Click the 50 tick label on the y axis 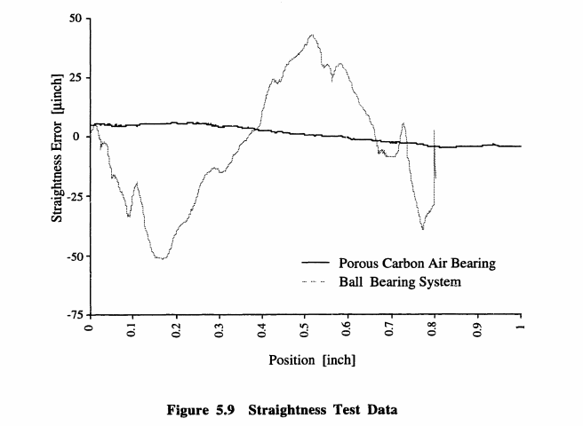[x=76, y=18]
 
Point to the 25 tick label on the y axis [x=76, y=77]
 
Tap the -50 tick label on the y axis [x=73, y=256]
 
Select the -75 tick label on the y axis [x=73, y=315]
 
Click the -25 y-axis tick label [x=73, y=197]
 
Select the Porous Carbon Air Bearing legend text [x=416, y=264]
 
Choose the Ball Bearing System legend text [x=400, y=283]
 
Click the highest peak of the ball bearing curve [x=312, y=35]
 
